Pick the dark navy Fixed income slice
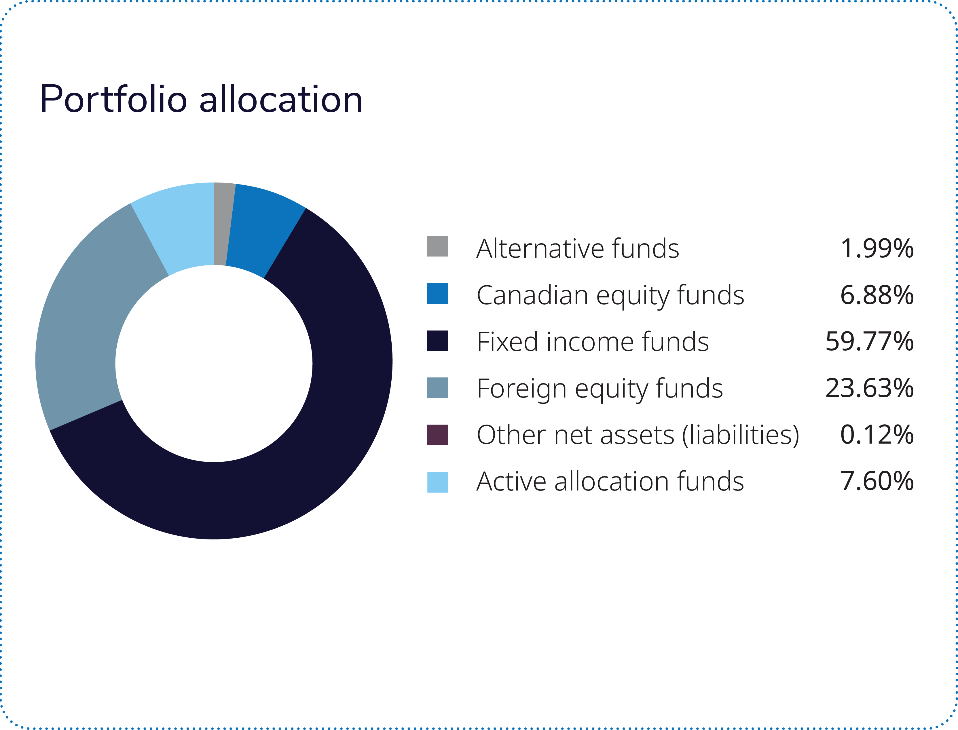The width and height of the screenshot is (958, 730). pyautogui.click(x=304, y=456)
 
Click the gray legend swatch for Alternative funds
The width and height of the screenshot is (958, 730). pyautogui.click(x=437, y=246)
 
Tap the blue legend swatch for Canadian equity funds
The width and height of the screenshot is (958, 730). pyautogui.click(x=437, y=294)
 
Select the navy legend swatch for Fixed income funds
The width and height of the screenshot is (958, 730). pyautogui.click(x=437, y=341)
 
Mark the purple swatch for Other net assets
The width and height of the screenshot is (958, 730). pyautogui.click(x=437, y=435)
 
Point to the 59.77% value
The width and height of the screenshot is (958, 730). pyautogui.click(x=869, y=341)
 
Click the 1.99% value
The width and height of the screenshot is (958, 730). pyautogui.click(x=877, y=248)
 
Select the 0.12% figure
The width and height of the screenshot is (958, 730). pyautogui.click(x=877, y=435)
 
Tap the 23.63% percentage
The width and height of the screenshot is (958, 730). pyautogui.click(x=869, y=388)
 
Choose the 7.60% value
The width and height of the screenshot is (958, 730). pyautogui.click(x=877, y=482)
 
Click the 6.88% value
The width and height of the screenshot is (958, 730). pyautogui.click(x=877, y=295)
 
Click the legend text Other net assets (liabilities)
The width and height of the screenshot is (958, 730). pyautogui.click(x=638, y=435)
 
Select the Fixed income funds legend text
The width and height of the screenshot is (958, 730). pyautogui.click(x=592, y=341)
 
